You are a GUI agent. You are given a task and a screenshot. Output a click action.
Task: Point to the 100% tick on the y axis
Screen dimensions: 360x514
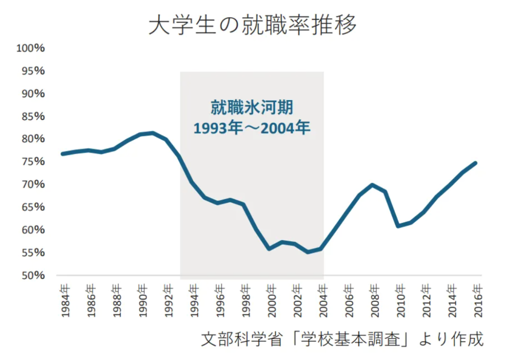(x=30, y=48)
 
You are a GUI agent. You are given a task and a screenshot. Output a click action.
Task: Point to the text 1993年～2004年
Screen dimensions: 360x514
(x=252, y=128)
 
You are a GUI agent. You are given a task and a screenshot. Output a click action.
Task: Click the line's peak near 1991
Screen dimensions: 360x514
(x=152, y=133)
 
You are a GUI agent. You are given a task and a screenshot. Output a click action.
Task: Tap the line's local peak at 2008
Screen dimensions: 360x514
(x=372, y=185)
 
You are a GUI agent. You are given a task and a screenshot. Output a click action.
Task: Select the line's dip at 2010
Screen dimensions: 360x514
(x=398, y=226)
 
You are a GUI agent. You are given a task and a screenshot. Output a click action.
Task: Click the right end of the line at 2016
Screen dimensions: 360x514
(x=475, y=163)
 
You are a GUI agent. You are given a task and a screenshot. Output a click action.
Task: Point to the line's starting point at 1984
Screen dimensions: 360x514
(x=62, y=154)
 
